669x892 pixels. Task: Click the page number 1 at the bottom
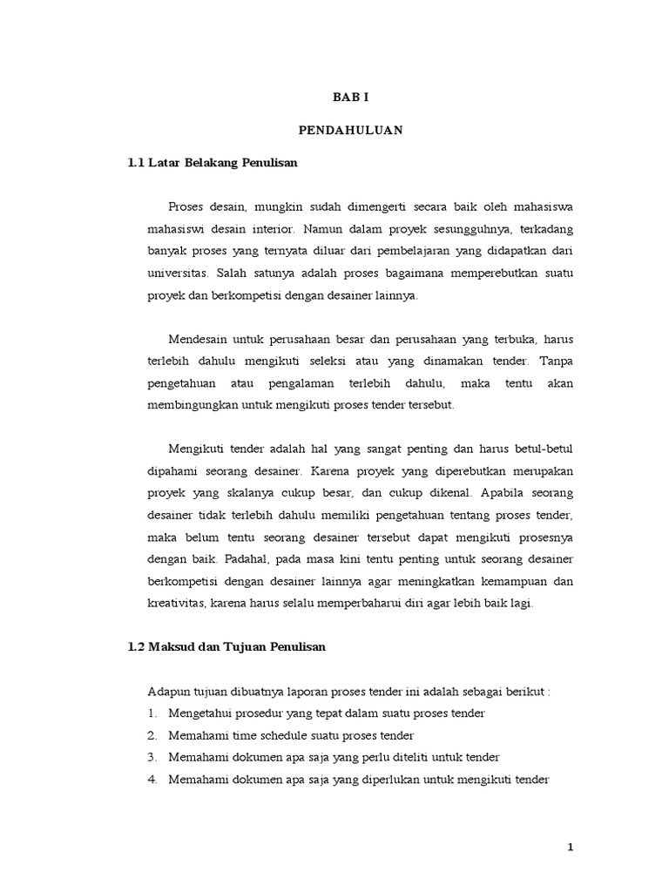571,848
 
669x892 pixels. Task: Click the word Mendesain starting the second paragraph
197,339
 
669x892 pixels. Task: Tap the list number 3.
152,758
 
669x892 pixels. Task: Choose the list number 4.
152,780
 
